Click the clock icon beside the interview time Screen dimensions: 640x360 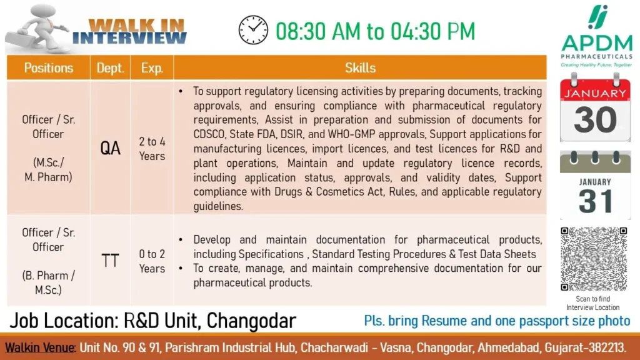tap(253, 30)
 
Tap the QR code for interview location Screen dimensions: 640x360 tap(594, 259)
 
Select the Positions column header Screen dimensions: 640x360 tap(49, 67)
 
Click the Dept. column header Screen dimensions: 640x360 tap(110, 67)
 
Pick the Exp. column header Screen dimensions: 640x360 tap(152, 67)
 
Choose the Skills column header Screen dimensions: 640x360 tap(360, 67)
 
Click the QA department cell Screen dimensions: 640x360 tap(110, 148)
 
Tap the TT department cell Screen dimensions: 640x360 tap(110, 261)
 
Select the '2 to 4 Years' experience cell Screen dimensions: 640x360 tap(152, 149)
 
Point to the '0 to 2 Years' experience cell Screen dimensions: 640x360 tap(152, 261)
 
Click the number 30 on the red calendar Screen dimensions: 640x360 tap(595, 119)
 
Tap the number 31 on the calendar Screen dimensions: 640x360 tap(596, 201)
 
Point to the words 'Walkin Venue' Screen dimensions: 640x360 tap(39, 347)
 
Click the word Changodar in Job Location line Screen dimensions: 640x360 tap(251, 321)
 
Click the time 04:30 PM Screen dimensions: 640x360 tap(432, 31)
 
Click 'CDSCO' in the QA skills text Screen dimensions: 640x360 tap(209, 134)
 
